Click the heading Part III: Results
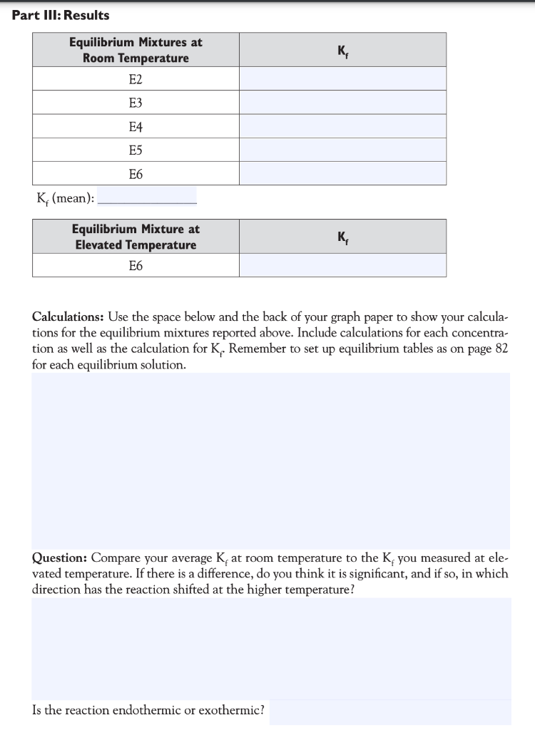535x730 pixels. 61,15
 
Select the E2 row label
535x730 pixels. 136,79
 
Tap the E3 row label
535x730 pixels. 136,103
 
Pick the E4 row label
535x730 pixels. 136,126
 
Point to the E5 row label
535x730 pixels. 136,150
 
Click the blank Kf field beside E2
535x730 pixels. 342,79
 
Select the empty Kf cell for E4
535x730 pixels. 342,126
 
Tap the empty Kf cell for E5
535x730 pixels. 342,150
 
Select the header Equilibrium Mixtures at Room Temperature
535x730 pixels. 136,50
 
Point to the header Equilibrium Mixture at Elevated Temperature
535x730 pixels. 136,237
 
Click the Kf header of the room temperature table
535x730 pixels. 342,50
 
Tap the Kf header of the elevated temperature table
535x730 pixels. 342,237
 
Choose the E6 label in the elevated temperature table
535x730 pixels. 136,266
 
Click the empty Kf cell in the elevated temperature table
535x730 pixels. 342,266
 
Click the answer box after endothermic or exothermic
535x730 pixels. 389,711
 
